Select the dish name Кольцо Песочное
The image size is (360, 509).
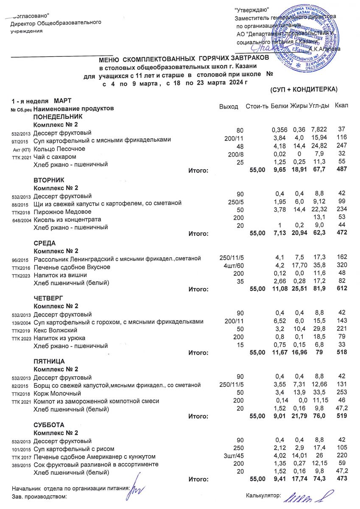point(59,149)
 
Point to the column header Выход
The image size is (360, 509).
point(229,106)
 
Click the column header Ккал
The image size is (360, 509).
point(341,105)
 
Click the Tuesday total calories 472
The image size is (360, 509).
point(342,233)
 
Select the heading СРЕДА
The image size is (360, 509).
point(45,243)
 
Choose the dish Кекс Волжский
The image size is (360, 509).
point(56,330)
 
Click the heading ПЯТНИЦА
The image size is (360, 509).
point(49,361)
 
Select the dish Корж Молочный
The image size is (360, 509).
point(57,394)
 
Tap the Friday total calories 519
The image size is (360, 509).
point(342,416)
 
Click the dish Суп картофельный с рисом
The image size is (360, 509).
point(74,449)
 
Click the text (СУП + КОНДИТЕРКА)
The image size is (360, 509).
point(303,89)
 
